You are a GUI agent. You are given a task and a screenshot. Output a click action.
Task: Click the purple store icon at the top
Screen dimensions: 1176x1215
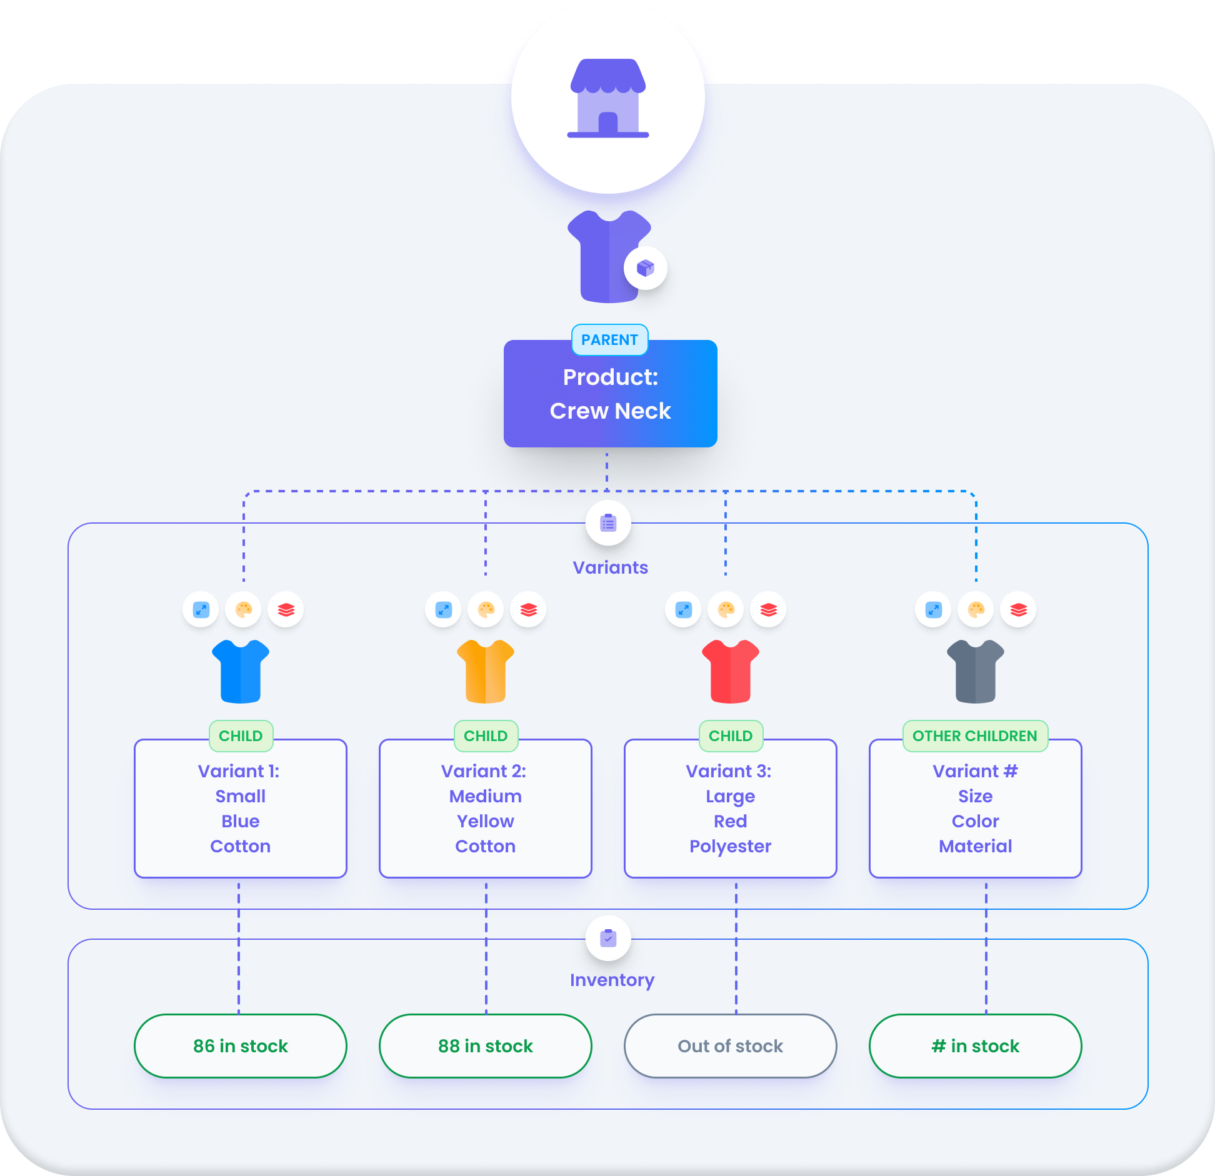[607, 98]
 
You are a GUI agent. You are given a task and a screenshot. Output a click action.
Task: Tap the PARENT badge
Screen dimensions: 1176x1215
[609, 340]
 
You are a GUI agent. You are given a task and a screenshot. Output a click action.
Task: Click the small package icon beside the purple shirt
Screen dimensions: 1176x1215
[645, 268]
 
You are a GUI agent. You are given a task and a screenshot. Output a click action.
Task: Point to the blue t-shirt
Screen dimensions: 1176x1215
[241, 672]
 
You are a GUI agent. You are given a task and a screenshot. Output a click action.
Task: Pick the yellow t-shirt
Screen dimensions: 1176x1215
[486, 672]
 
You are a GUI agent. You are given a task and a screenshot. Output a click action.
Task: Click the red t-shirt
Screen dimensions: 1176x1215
[731, 672]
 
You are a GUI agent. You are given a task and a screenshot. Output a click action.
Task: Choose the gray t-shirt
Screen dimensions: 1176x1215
[976, 672]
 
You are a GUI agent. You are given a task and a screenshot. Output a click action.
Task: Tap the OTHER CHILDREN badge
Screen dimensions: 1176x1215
[975, 735]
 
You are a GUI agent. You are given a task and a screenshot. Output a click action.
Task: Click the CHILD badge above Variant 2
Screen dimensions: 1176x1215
[486, 735]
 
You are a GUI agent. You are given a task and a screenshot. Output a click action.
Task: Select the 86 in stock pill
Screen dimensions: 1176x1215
[241, 1046]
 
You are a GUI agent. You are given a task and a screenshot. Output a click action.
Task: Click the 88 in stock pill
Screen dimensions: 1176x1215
[486, 1046]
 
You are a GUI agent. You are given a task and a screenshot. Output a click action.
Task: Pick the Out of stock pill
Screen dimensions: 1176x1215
[731, 1046]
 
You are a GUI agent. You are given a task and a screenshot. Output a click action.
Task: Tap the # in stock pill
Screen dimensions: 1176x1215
[976, 1046]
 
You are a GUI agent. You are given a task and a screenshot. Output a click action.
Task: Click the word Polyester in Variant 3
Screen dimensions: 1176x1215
[731, 846]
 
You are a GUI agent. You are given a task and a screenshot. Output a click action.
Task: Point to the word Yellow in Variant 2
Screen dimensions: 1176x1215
[486, 821]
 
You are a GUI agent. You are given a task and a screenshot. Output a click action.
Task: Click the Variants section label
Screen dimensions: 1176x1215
[610, 567]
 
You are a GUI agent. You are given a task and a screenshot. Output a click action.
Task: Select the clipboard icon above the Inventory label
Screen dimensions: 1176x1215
[608, 938]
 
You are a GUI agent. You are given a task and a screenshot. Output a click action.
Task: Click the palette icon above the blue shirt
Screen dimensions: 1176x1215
[243, 609]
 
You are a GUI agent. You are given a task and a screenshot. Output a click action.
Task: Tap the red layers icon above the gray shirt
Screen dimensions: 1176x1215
[1018, 609]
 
